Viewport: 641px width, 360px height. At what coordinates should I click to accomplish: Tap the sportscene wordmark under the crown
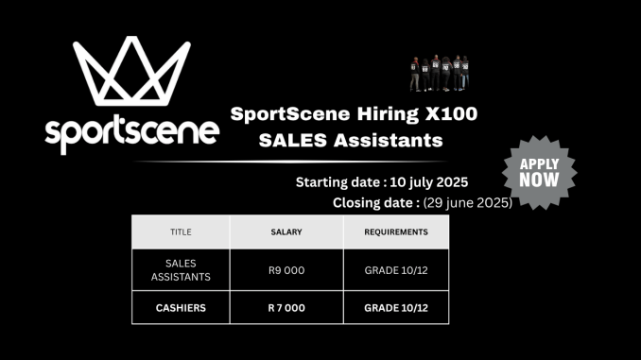[131, 131]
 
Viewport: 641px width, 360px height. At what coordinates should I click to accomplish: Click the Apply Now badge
[539, 171]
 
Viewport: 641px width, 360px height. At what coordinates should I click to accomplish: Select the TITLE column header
[180, 231]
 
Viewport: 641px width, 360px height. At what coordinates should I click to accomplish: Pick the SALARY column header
[286, 231]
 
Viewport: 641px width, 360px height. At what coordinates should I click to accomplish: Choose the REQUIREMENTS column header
[395, 231]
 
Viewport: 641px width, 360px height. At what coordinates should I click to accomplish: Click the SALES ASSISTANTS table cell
[180, 269]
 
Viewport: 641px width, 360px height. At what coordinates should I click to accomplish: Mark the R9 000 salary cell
[286, 270]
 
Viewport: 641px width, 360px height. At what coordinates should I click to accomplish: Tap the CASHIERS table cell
[180, 307]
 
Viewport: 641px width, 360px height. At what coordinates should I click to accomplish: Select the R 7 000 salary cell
[286, 307]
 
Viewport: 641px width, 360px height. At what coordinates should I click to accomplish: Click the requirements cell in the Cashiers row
[395, 307]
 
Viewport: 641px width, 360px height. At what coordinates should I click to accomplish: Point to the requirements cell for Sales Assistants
[395, 270]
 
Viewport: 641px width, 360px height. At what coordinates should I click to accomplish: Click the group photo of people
[440, 72]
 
